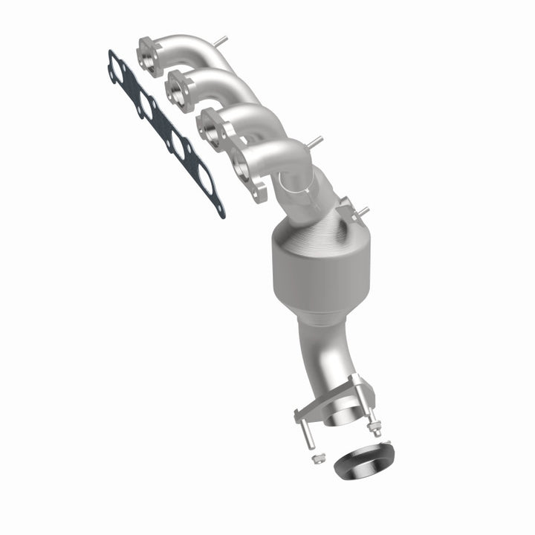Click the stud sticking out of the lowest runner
tap(315, 141)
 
